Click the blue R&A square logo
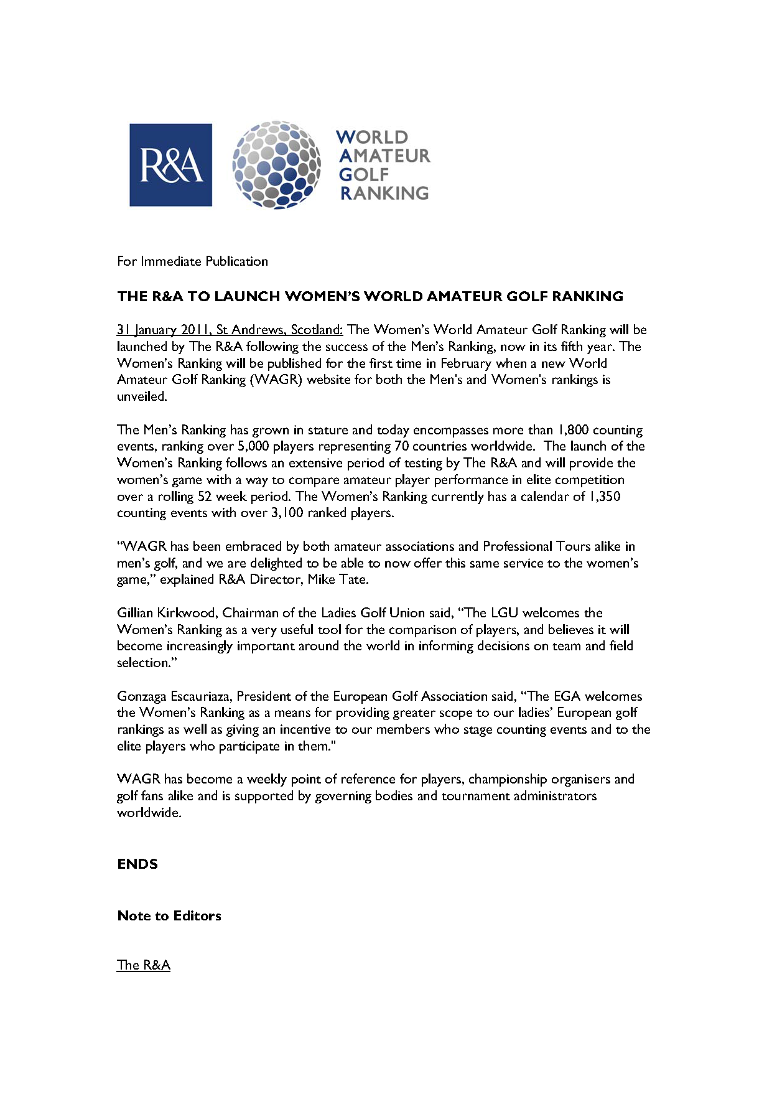pyautogui.click(x=170, y=165)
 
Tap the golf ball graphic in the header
pyautogui.click(x=277, y=164)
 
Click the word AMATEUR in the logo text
pyautogui.click(x=384, y=156)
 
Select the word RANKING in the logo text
pyautogui.click(x=384, y=193)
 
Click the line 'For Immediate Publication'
pyautogui.click(x=192, y=261)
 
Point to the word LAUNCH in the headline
pyautogui.click(x=247, y=296)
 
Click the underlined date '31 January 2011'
pyautogui.click(x=162, y=330)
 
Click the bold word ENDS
pyautogui.click(x=137, y=864)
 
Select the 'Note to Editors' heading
pyautogui.click(x=169, y=916)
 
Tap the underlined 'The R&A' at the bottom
pyautogui.click(x=144, y=965)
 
